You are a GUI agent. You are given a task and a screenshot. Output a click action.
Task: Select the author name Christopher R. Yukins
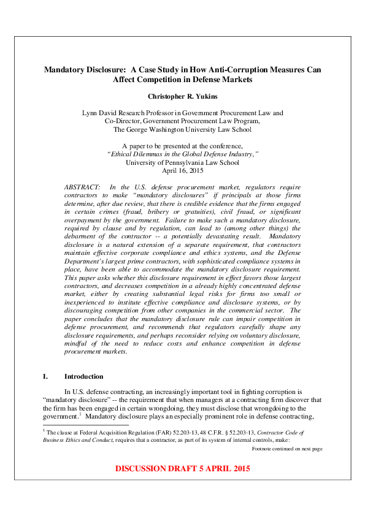[x=182, y=96]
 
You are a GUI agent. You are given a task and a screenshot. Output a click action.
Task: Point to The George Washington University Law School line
[x=182, y=129]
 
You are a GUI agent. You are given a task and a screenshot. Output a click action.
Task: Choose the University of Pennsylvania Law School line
[x=182, y=162]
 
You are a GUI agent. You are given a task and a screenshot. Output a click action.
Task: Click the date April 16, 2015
[x=182, y=171]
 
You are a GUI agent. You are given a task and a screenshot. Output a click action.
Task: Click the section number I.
[x=45, y=376]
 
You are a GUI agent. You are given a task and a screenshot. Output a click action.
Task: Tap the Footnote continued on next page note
[x=286, y=449]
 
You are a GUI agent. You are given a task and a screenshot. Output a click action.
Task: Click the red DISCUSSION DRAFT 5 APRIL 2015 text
[x=182, y=469]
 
